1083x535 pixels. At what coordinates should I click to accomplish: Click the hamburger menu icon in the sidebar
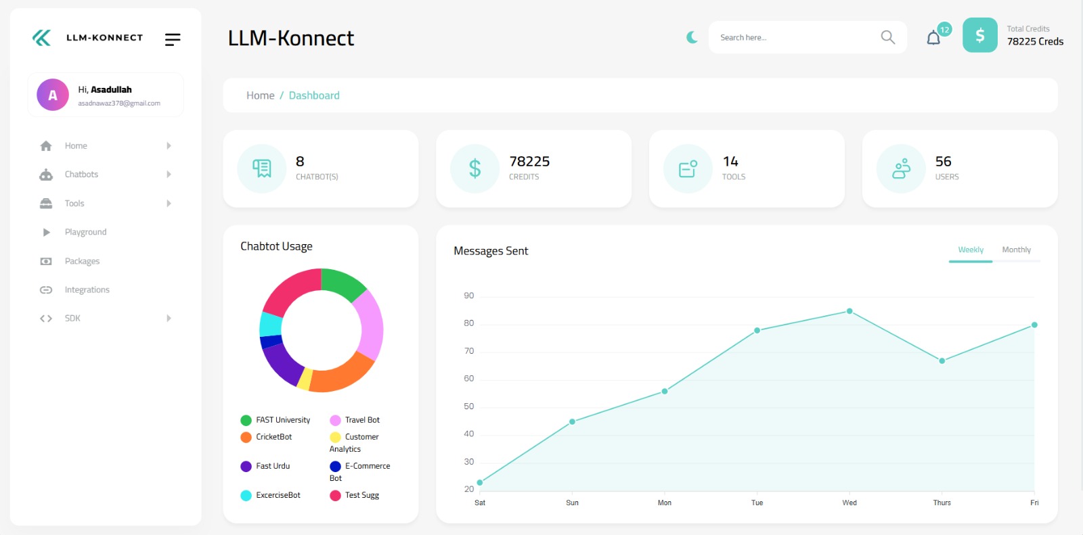[x=173, y=40]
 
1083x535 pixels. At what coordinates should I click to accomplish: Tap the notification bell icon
[x=933, y=38]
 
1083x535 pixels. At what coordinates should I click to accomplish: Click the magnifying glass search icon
[x=887, y=37]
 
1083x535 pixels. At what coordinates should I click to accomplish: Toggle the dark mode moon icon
[x=692, y=37]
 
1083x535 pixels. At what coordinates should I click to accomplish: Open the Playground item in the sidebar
[x=85, y=232]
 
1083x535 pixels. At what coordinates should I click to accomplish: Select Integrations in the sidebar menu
[x=87, y=289]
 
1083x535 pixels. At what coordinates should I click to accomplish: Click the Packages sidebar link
[x=82, y=261]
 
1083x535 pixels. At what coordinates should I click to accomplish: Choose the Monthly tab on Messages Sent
[x=1016, y=250]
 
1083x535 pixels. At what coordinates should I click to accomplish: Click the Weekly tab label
[x=971, y=250]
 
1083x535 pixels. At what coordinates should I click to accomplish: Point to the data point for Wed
[x=849, y=311]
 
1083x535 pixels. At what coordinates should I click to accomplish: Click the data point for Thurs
[x=942, y=360]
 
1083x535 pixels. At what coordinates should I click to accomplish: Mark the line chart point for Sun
[x=573, y=421]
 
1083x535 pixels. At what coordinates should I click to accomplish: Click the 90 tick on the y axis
[x=469, y=296]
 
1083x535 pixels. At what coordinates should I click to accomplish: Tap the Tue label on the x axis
[x=757, y=503]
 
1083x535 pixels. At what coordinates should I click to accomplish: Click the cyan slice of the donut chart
[x=271, y=324]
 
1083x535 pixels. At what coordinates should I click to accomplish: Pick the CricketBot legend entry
[x=273, y=437]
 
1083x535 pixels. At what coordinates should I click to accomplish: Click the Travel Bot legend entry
[x=362, y=420]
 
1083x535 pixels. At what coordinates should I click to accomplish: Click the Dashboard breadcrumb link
[x=314, y=95]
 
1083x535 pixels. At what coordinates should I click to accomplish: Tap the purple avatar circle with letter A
[x=53, y=95]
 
